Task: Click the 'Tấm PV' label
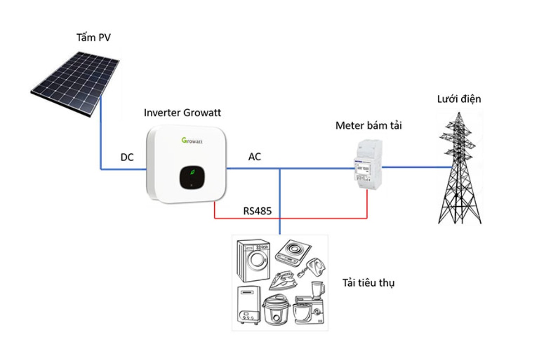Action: point(94,38)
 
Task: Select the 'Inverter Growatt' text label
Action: point(182,112)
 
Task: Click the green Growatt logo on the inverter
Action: point(192,140)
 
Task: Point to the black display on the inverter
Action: point(192,177)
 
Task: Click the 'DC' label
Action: point(127,157)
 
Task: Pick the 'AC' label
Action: point(255,157)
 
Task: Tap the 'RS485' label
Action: point(257,211)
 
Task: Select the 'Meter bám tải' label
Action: point(369,126)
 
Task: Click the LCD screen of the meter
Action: point(363,168)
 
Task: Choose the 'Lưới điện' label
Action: point(459,99)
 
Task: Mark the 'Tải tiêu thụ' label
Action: point(369,283)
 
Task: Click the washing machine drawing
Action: point(253,260)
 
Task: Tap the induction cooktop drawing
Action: point(293,252)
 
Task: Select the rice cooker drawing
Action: point(276,310)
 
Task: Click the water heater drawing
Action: point(249,305)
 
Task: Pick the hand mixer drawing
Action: point(311,268)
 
